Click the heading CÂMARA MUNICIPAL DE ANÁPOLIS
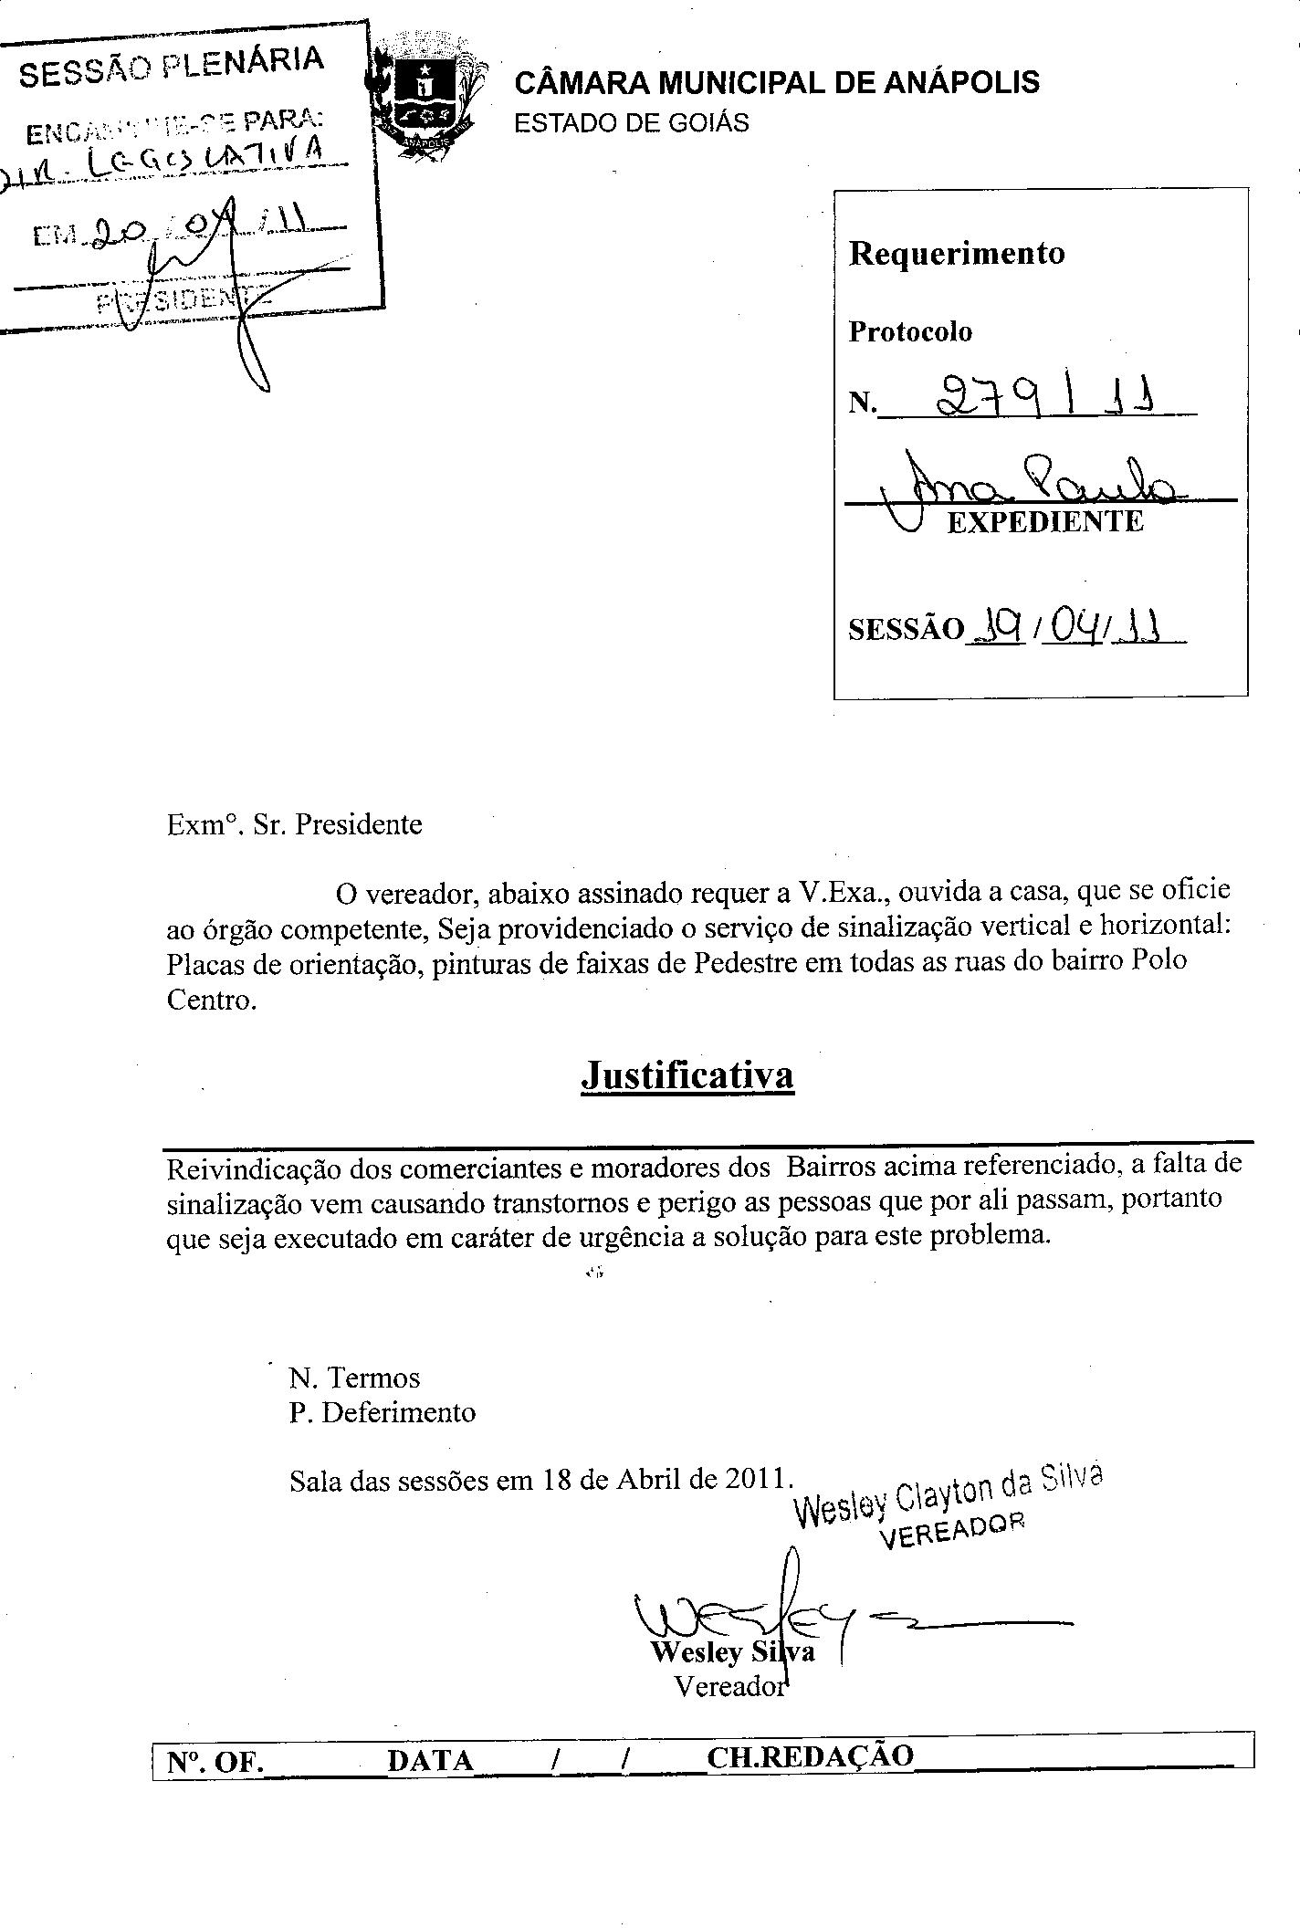777,83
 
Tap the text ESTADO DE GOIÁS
631,123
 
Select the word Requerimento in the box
957,253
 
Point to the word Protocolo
910,331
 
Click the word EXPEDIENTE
1045,522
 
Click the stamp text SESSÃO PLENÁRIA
172,66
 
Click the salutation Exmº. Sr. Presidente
295,824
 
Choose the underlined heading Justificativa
687,1074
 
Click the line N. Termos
354,1377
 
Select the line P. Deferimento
383,1412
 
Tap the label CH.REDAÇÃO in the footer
810,1758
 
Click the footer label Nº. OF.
215,1762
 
